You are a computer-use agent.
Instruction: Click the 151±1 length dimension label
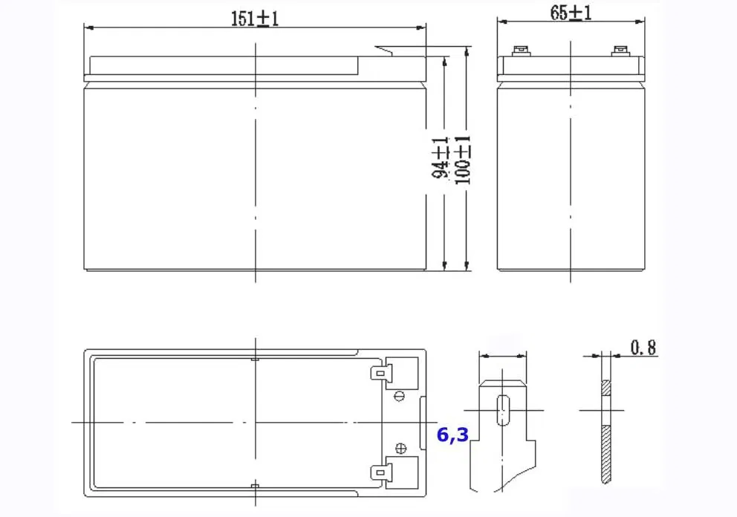(x=255, y=19)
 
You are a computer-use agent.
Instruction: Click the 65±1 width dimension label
(x=571, y=13)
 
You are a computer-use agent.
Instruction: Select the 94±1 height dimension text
(x=440, y=158)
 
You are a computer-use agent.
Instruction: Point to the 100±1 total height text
(x=463, y=160)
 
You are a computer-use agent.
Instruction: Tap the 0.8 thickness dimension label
(x=643, y=348)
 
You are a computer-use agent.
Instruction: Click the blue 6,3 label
(x=452, y=435)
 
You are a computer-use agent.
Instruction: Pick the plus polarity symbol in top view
(x=401, y=449)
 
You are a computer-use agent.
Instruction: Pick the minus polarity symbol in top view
(x=399, y=396)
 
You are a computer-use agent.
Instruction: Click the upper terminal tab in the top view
(x=380, y=373)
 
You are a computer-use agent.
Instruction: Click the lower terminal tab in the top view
(x=380, y=472)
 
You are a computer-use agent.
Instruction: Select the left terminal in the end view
(x=520, y=51)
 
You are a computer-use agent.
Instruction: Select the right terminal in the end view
(x=620, y=51)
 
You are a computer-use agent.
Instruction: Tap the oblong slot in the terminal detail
(x=503, y=410)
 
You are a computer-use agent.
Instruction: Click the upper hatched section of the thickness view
(x=606, y=388)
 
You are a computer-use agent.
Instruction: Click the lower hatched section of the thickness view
(x=606, y=455)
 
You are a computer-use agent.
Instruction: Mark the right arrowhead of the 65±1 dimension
(x=640, y=21)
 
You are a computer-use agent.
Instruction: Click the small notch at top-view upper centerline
(x=256, y=360)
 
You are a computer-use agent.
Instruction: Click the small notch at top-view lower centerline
(x=256, y=486)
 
